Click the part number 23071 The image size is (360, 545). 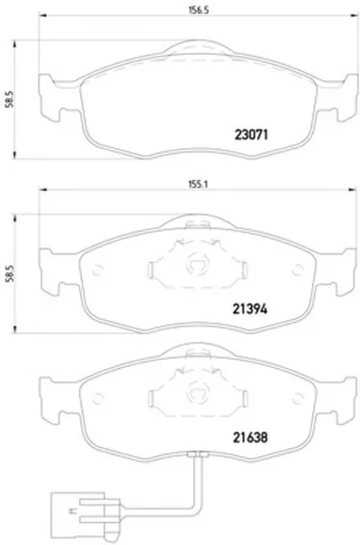click(251, 135)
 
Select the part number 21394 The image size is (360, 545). click(249, 308)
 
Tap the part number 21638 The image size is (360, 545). click(250, 437)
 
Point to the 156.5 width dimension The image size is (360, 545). click(198, 10)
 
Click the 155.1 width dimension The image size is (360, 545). click(198, 184)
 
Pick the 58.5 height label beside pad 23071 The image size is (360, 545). click(10, 99)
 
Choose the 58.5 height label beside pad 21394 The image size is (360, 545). click(10, 273)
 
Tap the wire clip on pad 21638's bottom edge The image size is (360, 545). click(198, 454)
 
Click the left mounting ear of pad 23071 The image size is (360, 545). click(50, 98)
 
